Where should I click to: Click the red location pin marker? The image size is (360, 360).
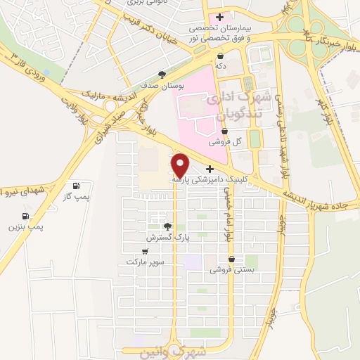point(181,165)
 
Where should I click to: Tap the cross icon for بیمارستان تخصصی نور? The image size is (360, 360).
point(221,17)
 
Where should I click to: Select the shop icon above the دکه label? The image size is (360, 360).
point(221,55)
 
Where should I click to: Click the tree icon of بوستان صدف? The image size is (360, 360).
point(162,73)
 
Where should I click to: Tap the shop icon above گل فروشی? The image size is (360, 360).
point(224,131)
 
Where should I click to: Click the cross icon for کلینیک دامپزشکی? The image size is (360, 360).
point(210,169)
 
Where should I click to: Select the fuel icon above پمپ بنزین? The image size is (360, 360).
point(26,216)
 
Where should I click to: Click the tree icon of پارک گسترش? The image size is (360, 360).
point(167,226)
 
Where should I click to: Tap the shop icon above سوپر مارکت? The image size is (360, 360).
point(145,251)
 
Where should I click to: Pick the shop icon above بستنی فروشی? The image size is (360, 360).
point(231,259)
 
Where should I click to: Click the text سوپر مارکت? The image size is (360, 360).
point(145,262)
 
